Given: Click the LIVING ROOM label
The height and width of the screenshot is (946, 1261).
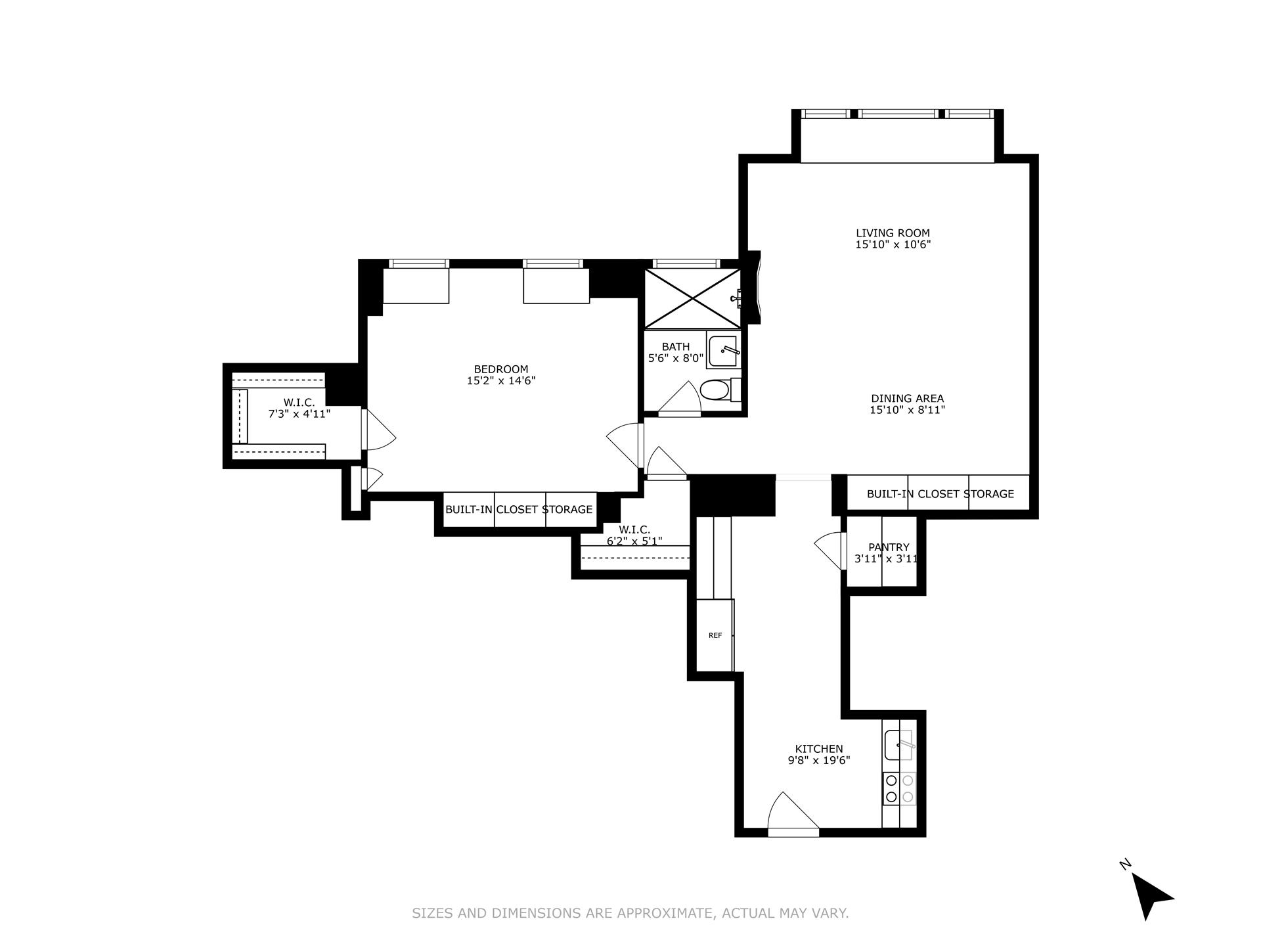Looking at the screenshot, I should [x=893, y=233].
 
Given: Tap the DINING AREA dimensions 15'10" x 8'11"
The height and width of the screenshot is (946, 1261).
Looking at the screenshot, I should [x=907, y=410].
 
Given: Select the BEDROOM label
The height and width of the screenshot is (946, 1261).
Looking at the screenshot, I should [x=501, y=369].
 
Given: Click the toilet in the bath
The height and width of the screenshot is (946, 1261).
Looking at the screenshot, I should [x=715, y=391].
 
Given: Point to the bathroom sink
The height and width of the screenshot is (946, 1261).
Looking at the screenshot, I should [x=724, y=351].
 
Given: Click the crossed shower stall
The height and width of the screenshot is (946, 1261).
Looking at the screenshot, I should [x=692, y=299].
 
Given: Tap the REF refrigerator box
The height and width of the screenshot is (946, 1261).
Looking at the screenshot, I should [x=715, y=635].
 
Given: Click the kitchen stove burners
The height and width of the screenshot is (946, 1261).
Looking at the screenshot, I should [x=899, y=788].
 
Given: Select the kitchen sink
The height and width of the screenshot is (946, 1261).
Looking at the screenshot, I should [x=898, y=745].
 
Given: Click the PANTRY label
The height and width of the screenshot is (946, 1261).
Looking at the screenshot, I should [x=889, y=547].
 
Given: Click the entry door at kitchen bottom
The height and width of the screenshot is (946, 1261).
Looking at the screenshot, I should [x=793, y=815].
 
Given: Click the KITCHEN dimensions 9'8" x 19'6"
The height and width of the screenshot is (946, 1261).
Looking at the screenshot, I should [x=819, y=761].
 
